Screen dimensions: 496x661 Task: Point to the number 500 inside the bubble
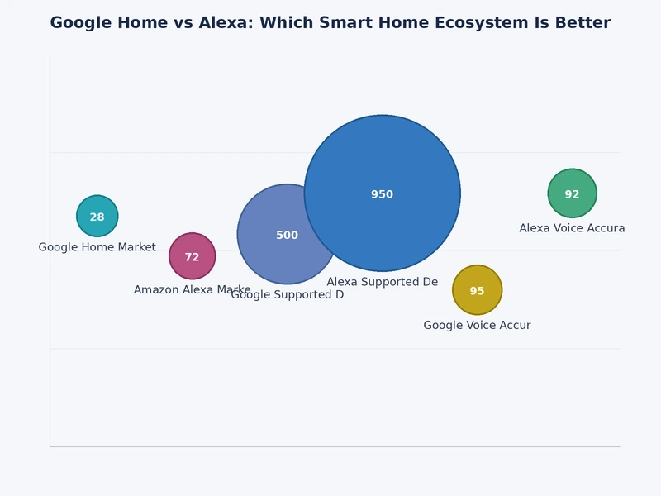click(x=287, y=236)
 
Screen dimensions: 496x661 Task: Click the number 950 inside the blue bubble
click(x=382, y=195)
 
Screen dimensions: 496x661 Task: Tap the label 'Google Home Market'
click(x=97, y=247)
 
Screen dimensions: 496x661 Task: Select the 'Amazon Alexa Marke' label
click(x=192, y=289)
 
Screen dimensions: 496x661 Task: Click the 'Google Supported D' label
click(x=287, y=295)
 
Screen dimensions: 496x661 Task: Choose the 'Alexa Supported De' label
click(x=382, y=282)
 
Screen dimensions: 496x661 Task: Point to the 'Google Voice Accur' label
click(x=477, y=326)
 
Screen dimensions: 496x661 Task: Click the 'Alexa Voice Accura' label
click(x=572, y=228)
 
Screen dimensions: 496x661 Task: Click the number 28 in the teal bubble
click(x=97, y=217)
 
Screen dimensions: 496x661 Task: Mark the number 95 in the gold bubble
click(x=477, y=292)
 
